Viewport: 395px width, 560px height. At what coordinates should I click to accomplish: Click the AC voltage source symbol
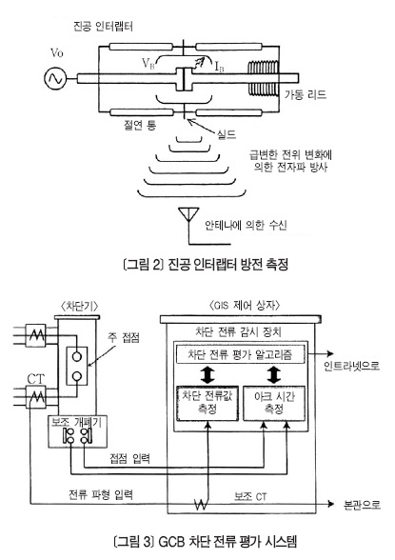coord(55,78)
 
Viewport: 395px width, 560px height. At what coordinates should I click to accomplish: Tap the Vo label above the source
coord(56,53)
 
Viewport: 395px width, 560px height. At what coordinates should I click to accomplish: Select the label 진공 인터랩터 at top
coord(103,27)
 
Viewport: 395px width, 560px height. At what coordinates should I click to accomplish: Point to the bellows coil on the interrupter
coord(263,78)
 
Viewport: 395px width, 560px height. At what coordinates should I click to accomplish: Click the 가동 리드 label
coord(306,94)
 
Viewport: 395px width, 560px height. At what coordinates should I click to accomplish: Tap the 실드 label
coord(227,134)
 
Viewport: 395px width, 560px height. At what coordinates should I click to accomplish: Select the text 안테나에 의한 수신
coord(246,225)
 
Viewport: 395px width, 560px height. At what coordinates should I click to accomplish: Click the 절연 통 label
coord(140,125)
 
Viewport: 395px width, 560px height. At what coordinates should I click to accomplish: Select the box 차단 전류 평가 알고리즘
coord(240,354)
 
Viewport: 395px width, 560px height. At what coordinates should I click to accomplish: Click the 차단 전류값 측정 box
coord(207,403)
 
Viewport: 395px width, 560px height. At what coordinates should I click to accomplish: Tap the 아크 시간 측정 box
coord(274,403)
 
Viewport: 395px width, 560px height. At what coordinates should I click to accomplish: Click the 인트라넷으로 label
coord(351,366)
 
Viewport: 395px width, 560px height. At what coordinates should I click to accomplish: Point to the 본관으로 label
coord(362,505)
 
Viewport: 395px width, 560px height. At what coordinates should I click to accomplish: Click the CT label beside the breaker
coord(36,379)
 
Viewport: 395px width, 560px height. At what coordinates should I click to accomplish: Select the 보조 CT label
coord(250,496)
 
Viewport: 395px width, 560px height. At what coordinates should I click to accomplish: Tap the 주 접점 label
coord(124,337)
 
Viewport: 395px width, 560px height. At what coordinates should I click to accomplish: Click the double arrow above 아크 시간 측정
coord(274,374)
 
